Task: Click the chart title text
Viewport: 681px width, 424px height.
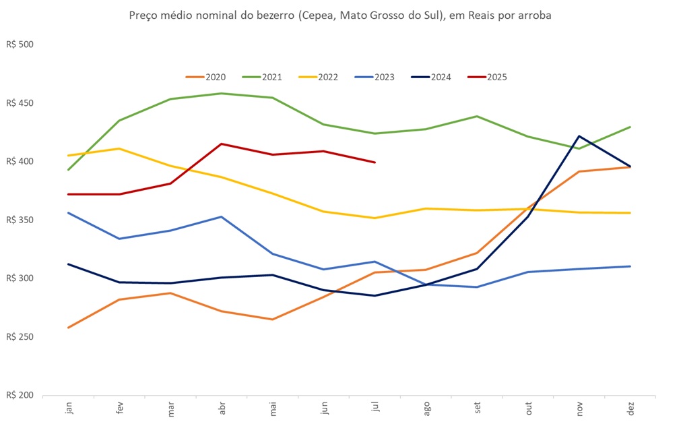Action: click(340, 15)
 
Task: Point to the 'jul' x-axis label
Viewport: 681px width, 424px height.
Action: click(375, 409)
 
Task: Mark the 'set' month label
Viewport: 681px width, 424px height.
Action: click(478, 409)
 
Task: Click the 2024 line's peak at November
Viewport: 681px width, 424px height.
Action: click(579, 136)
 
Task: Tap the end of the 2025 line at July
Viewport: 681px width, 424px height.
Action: click(375, 162)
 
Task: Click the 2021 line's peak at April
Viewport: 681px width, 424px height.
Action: click(222, 94)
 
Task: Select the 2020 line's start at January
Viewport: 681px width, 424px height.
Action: click(69, 328)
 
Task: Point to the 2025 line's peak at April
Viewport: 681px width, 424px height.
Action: click(222, 144)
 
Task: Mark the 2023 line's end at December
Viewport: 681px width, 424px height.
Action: click(630, 266)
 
